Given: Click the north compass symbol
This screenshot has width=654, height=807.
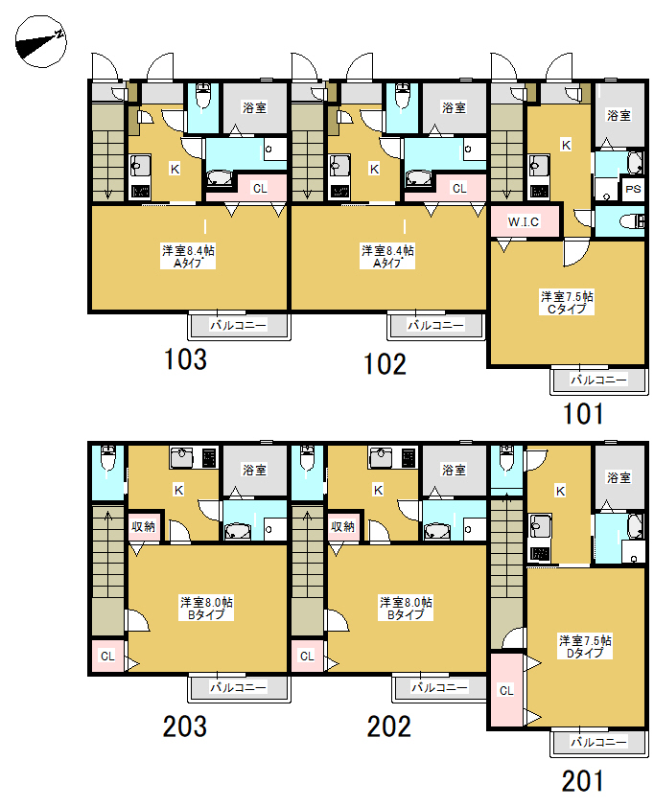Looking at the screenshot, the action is pos(40,41).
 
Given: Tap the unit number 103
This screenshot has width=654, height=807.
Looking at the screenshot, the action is pos(185,359).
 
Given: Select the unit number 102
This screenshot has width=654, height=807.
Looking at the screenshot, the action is pos(385,364).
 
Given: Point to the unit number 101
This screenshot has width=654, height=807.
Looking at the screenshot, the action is pos(583,414).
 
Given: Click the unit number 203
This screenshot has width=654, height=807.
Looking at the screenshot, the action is pos(185,726).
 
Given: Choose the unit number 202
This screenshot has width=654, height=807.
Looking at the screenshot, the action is pos(388,726).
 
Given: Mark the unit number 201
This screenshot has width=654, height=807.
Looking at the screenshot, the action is pos(583,781).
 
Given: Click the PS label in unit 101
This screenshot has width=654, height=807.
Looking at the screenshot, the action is pos(633,189).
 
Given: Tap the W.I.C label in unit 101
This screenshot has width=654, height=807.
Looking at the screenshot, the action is pos(524,221).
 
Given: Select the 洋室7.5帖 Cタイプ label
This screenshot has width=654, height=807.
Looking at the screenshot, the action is pos(567,303).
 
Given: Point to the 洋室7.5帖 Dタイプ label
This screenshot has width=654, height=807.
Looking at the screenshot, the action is pos(586,647).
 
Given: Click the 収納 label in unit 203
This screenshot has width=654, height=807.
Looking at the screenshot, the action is pos(143,526).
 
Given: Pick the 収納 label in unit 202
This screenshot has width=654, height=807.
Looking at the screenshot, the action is pos(342,526).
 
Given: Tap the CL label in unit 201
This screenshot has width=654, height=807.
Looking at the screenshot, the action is pos(506,690).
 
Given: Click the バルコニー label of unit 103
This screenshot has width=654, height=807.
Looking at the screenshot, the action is pos(238,325).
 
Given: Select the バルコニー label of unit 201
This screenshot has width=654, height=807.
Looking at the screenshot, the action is pos(598,742).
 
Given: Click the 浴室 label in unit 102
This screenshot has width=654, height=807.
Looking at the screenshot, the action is pos(454,107).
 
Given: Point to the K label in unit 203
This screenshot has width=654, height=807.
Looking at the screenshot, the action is pos(178,490).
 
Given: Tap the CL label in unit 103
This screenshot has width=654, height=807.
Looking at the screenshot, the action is pos(260,189).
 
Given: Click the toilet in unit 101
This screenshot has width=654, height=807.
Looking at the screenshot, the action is pos(632,221).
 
